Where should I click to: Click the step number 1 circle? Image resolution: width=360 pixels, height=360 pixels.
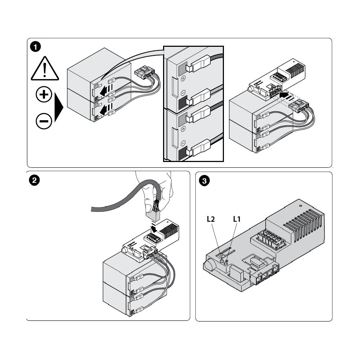point(35,47)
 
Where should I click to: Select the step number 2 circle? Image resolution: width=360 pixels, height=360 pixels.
point(35,180)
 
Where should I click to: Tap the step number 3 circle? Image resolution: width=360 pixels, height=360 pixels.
point(204,181)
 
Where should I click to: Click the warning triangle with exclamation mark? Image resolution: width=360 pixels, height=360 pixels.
point(45,68)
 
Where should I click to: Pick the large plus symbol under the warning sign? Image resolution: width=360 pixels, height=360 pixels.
point(44,94)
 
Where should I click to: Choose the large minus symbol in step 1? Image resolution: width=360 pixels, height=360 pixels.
point(44,121)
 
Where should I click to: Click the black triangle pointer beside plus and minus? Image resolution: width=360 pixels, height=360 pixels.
point(59,107)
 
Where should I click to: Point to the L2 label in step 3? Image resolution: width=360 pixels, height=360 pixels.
point(211,219)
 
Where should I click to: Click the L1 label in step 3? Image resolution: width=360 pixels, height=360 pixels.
point(237,219)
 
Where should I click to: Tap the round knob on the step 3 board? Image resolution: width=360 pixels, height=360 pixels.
point(208,265)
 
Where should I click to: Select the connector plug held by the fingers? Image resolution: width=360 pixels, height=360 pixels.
point(152,215)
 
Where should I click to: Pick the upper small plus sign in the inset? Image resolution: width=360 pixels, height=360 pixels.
point(183,78)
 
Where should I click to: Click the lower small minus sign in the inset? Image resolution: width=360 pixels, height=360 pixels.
point(183,144)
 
